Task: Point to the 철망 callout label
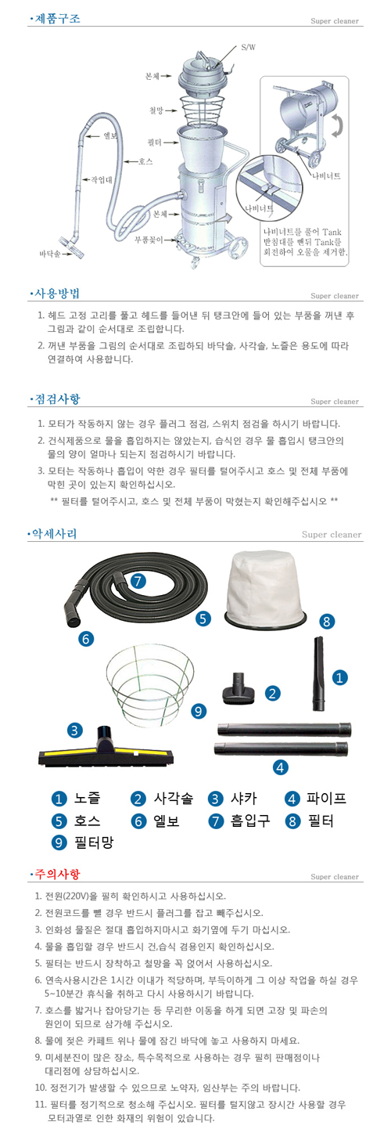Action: pyautogui.click(x=157, y=110)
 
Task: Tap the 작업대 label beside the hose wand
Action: pyautogui.click(x=103, y=179)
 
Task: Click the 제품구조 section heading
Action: pyautogui.click(x=57, y=17)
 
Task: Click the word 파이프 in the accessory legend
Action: pyautogui.click(x=326, y=799)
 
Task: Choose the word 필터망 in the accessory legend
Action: pyautogui.click(x=94, y=842)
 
